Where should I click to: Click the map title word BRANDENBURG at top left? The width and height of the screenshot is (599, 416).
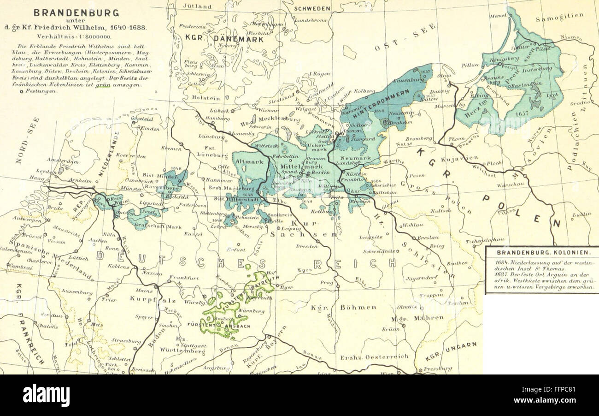coord(82,12)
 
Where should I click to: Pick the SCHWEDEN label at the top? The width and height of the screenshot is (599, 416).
coord(312,9)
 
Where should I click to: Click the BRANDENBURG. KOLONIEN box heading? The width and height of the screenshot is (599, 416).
coord(542,253)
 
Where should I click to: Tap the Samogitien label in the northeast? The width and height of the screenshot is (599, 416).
coord(559,17)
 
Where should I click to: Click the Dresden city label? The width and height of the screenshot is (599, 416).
coord(307,246)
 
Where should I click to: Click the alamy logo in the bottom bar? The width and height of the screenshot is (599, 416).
coord(47,395)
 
